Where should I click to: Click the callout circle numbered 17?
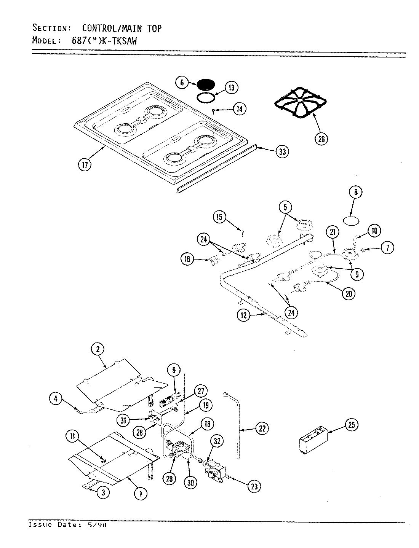(x=85, y=165)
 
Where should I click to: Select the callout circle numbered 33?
(x=282, y=152)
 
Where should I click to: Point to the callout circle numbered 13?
(x=231, y=88)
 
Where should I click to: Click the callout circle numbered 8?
(x=356, y=193)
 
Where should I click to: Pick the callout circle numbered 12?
(x=243, y=315)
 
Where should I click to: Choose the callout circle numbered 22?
(x=262, y=429)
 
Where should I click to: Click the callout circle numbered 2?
(x=98, y=349)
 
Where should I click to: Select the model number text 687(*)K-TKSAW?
(x=104, y=40)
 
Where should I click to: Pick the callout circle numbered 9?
(x=174, y=370)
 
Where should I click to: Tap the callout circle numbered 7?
(x=387, y=248)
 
